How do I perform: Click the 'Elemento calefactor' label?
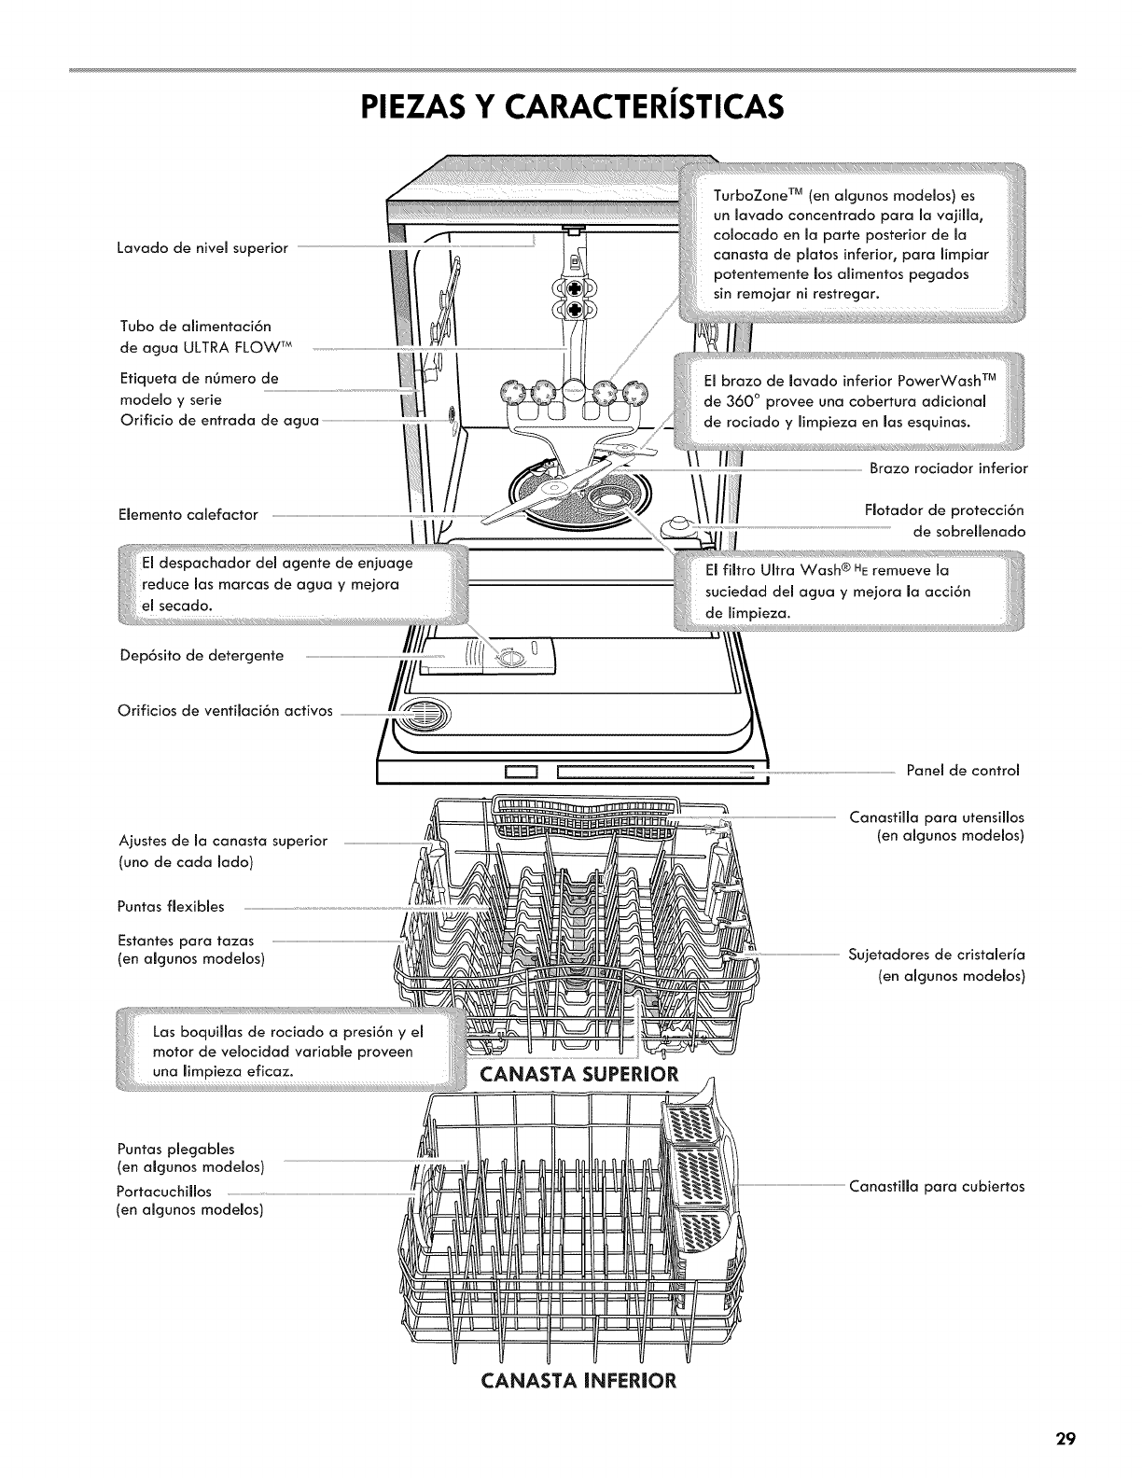pyautogui.click(x=188, y=514)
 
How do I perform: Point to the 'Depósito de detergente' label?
pyautogui.click(x=202, y=656)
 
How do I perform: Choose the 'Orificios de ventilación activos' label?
pyautogui.click(x=225, y=711)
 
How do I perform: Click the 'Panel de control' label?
pyautogui.click(x=963, y=771)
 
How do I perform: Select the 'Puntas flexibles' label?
pyautogui.click(x=171, y=906)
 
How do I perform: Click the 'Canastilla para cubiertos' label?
pyautogui.click(x=936, y=1187)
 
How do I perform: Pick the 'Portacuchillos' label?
pyautogui.click(x=164, y=1192)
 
